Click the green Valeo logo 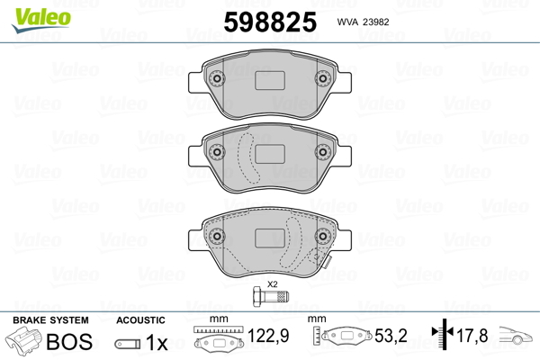pos(41,20)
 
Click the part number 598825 pos(270,22)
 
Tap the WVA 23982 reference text pos(363,22)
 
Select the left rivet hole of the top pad pos(217,78)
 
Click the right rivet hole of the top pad pos(323,78)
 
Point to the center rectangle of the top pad pos(270,81)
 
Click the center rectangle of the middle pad pos(270,154)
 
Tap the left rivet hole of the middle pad pos(217,151)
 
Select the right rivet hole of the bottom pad pos(323,236)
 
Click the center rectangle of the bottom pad pos(270,238)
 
